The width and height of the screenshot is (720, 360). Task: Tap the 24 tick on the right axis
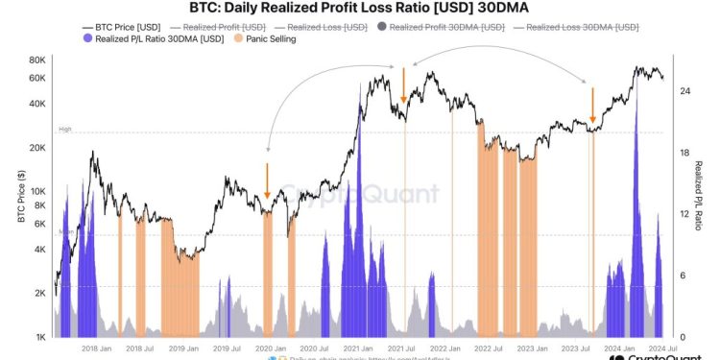(x=685, y=90)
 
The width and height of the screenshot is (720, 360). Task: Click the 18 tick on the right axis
(x=685, y=153)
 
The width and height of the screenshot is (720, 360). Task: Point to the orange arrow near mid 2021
(x=404, y=85)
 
